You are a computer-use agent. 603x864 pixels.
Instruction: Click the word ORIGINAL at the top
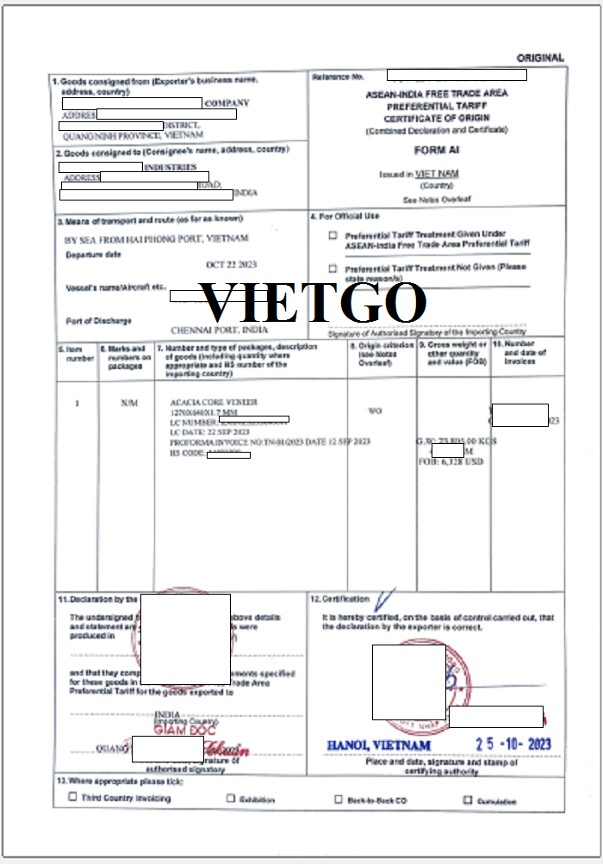click(x=540, y=58)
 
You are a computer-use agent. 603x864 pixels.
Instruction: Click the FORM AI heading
click(x=437, y=150)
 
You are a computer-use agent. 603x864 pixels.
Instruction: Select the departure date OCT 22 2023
click(x=231, y=264)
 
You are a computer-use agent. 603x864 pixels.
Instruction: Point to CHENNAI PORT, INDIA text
click(x=219, y=330)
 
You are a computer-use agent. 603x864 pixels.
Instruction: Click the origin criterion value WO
click(x=375, y=411)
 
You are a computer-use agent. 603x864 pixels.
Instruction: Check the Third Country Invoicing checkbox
click(x=72, y=797)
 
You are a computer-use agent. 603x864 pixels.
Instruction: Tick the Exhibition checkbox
click(x=231, y=799)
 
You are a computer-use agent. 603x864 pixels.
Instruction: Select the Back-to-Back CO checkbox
click(x=339, y=799)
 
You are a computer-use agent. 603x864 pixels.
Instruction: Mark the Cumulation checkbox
click(x=468, y=799)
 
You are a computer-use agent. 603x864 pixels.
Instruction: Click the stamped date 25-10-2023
click(x=513, y=744)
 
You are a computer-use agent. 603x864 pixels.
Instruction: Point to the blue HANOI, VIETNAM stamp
click(x=378, y=744)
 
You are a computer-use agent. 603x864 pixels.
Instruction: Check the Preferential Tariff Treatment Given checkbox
click(x=333, y=235)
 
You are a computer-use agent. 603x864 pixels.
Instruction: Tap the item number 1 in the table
click(x=77, y=403)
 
